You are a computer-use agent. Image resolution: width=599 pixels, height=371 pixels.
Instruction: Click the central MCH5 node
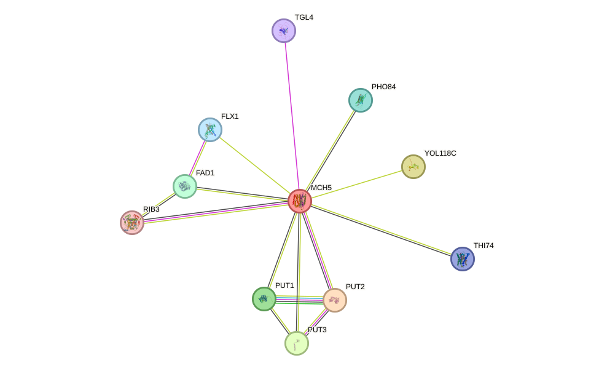(300, 201)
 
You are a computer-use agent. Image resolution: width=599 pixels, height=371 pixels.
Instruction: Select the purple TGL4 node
(284, 31)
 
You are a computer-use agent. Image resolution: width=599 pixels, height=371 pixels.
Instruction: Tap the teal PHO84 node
(361, 100)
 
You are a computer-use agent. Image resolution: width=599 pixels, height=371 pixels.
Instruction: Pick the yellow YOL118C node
(413, 167)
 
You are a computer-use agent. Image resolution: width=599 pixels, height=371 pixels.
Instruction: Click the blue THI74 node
(463, 259)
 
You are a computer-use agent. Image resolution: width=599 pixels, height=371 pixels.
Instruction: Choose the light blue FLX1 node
(210, 130)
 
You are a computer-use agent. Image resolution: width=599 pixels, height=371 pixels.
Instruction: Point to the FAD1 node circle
(185, 186)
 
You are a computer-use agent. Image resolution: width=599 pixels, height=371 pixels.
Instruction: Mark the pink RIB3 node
(132, 223)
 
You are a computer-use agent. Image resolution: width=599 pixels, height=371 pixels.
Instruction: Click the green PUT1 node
(264, 299)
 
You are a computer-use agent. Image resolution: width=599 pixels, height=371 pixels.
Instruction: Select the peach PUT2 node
(335, 300)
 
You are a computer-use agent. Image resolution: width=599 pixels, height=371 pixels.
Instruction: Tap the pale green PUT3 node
(297, 343)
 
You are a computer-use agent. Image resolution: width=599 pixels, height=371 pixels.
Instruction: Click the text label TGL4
(304, 17)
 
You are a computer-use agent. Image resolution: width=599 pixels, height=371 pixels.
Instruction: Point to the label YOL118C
(440, 153)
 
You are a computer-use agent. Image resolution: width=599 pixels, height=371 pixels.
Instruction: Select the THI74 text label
(484, 245)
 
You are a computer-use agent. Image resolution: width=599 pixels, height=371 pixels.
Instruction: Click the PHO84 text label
(383, 87)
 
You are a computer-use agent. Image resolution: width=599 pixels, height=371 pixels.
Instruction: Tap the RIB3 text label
(151, 209)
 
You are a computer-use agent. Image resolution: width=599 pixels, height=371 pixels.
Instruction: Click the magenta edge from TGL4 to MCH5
(292, 116)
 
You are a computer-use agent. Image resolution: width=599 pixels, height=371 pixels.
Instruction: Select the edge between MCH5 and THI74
(381, 230)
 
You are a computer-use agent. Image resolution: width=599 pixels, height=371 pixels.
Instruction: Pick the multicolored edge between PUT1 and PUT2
(299, 300)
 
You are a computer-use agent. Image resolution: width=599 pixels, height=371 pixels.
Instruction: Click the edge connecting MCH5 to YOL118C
(356, 184)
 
